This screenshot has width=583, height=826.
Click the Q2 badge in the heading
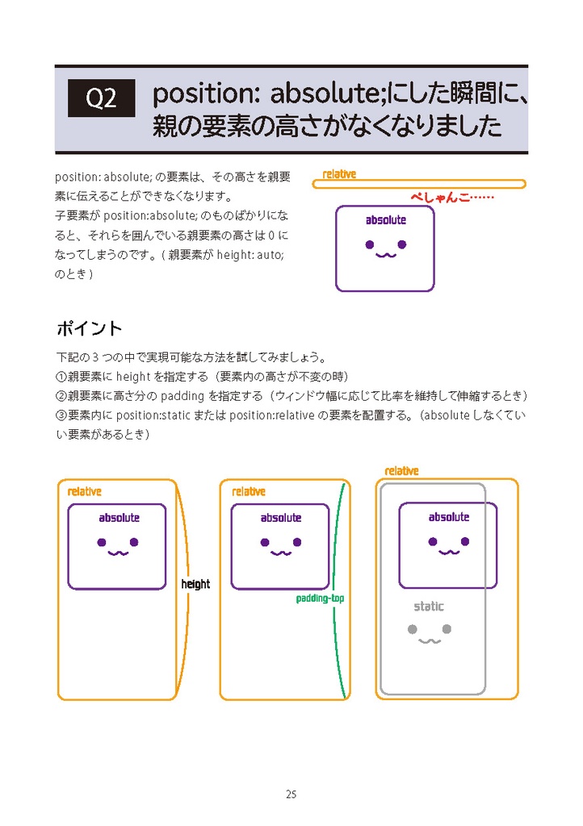(x=101, y=98)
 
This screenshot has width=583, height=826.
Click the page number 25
(x=291, y=795)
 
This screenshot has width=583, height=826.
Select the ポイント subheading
(x=89, y=328)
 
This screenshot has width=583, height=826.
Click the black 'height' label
(x=195, y=584)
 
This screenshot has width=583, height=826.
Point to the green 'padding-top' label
(x=320, y=599)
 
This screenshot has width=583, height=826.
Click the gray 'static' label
(x=429, y=607)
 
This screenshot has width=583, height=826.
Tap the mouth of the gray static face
(x=429, y=641)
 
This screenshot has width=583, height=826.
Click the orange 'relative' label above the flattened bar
(x=339, y=174)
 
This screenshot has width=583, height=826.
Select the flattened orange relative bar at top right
(x=419, y=184)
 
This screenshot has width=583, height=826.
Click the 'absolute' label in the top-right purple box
(x=386, y=220)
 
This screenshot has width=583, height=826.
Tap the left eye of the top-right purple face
(x=369, y=244)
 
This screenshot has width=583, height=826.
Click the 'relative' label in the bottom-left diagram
(x=85, y=491)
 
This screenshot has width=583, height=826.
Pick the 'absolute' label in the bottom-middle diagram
(x=281, y=518)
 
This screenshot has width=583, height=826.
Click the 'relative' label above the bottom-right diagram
(x=401, y=471)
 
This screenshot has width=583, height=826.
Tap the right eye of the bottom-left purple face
(x=134, y=542)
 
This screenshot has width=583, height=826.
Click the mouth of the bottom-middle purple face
(x=280, y=553)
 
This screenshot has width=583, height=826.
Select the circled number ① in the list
(x=61, y=377)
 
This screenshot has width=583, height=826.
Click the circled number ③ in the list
(x=61, y=415)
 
